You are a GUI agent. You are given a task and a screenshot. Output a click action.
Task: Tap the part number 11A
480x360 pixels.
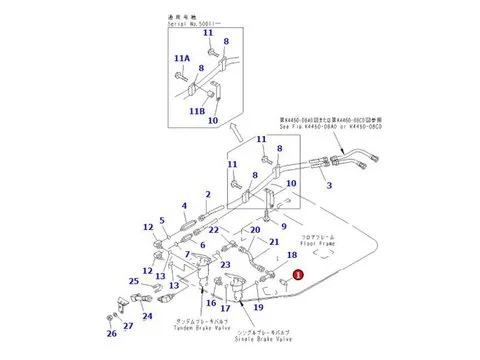click(x=181, y=59)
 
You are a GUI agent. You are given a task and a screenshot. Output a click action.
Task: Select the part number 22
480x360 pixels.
click(x=215, y=231)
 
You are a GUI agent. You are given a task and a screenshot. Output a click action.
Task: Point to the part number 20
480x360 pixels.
click(x=255, y=230)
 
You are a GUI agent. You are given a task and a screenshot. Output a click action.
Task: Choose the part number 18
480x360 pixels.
click(x=292, y=256)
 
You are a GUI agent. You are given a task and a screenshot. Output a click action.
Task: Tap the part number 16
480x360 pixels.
click(x=211, y=302)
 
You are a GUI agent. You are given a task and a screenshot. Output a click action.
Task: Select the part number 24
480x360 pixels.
click(x=147, y=316)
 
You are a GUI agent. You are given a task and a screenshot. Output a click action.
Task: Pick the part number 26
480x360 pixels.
click(x=112, y=333)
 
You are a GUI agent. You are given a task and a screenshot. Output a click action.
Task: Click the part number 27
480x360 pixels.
click(x=127, y=326)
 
